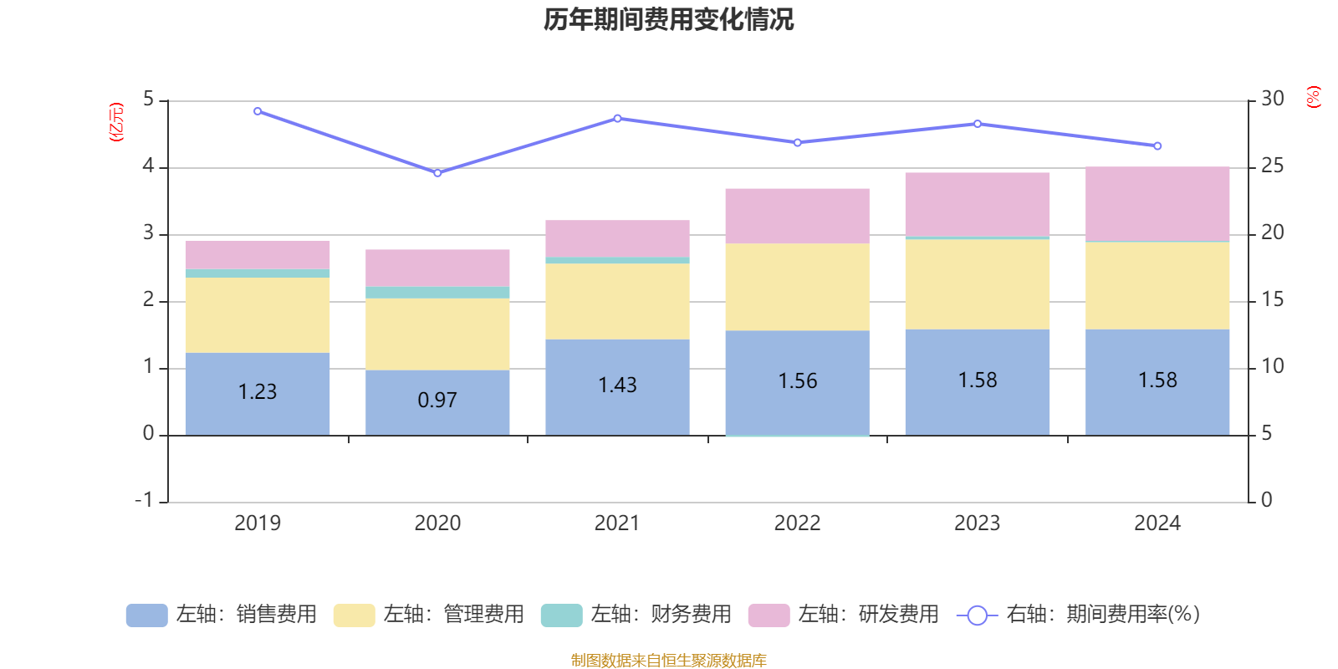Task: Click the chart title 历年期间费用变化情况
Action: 668,19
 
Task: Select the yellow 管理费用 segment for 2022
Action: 797,287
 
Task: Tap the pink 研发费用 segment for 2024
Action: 1157,203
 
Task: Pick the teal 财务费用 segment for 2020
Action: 437,292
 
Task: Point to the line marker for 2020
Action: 437,172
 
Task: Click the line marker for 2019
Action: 258,111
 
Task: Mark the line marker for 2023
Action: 978,124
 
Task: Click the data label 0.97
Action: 437,401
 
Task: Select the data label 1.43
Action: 617,386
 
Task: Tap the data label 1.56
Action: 797,381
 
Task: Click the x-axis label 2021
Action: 617,523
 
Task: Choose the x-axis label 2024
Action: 1157,523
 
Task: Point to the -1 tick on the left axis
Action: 145,500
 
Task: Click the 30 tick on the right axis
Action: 1273,99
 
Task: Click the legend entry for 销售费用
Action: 222,615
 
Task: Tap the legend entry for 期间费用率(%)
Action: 1079,615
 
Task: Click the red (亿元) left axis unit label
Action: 116,122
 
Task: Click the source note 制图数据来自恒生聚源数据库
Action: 668,661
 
